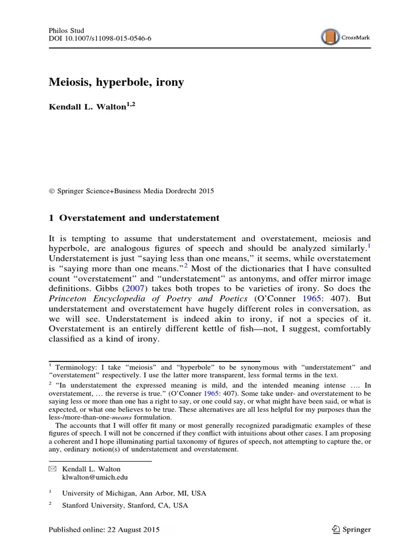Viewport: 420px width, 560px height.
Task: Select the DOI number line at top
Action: [x=94, y=41]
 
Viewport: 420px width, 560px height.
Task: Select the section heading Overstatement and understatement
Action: [x=139, y=218]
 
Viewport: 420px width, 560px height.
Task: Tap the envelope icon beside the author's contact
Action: [x=52, y=469]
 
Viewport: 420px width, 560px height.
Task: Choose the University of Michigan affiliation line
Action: [x=134, y=493]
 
